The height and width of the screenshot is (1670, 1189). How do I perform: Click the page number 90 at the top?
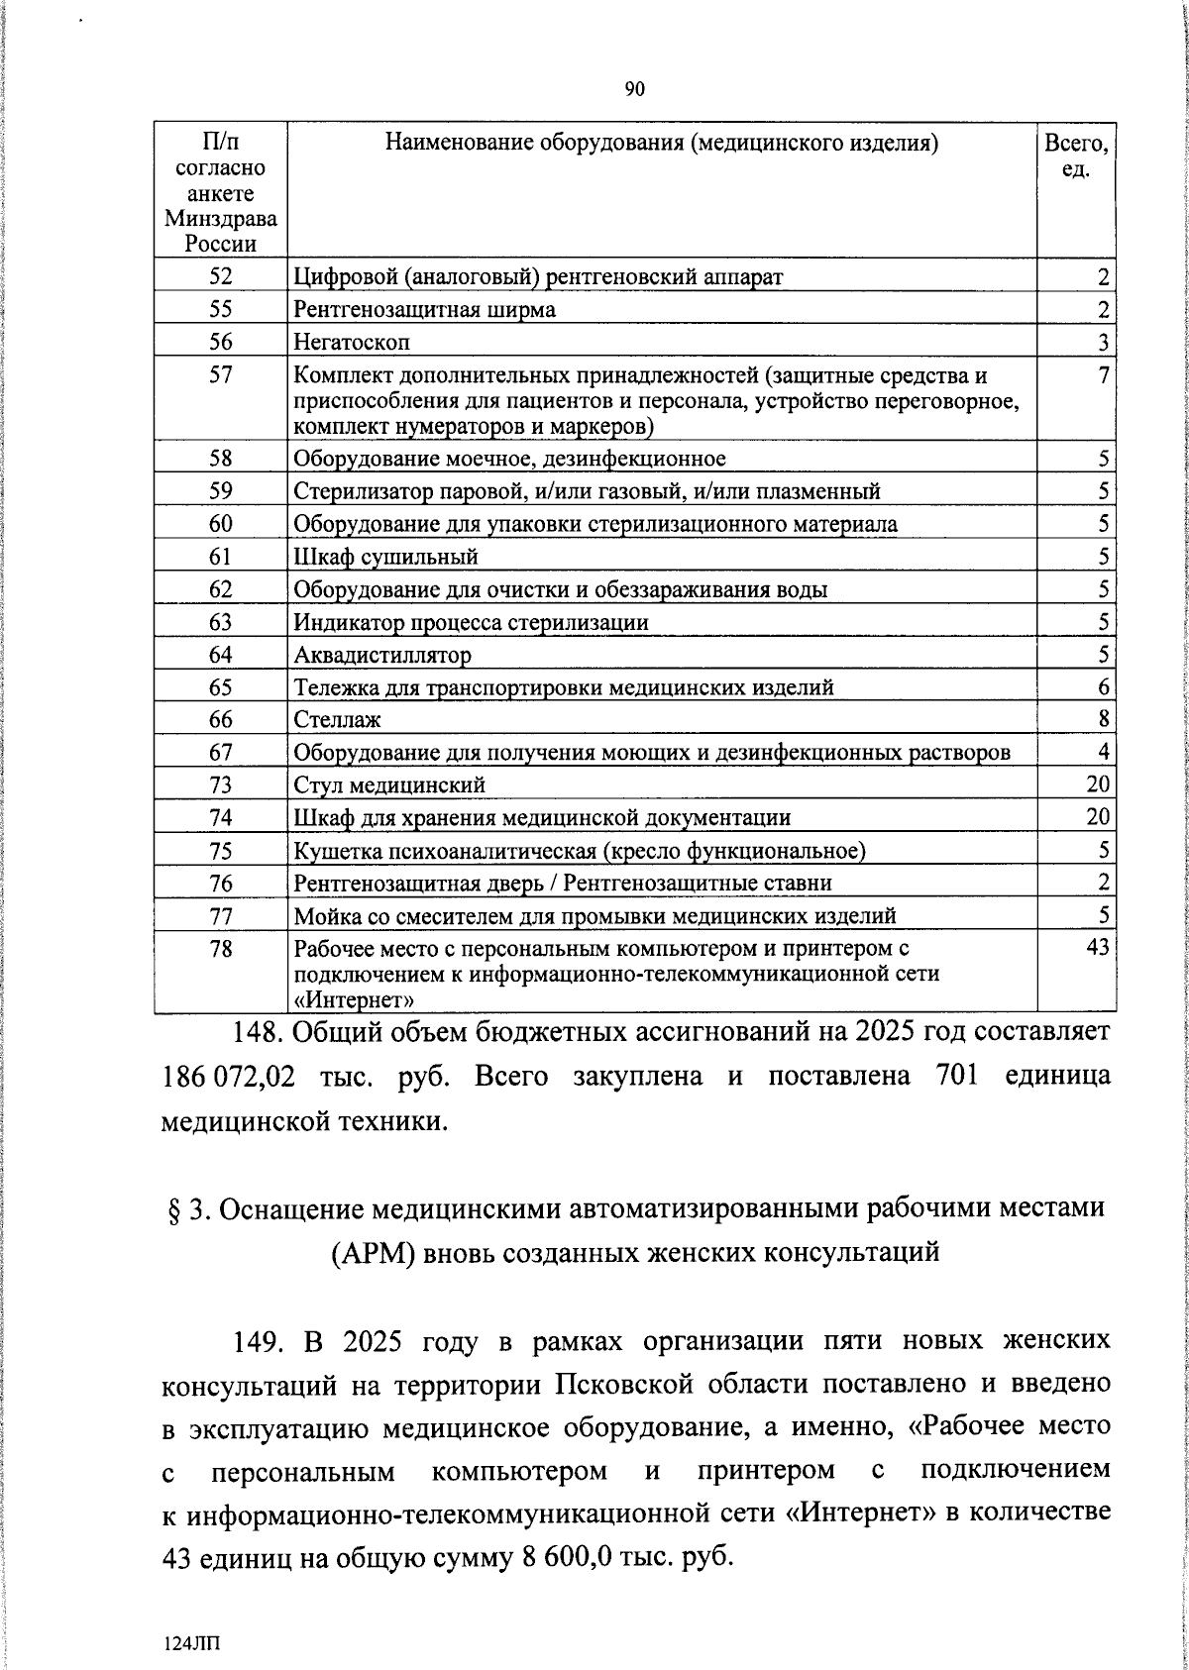click(x=635, y=90)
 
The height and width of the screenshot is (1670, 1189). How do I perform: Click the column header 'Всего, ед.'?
click(x=1075, y=156)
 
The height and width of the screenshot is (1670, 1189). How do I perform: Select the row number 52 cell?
click(x=220, y=276)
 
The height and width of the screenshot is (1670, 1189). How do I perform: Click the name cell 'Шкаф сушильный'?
click(x=386, y=557)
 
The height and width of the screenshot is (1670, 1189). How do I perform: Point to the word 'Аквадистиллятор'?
click(x=382, y=655)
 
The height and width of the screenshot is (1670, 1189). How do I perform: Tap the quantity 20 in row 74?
click(x=1097, y=817)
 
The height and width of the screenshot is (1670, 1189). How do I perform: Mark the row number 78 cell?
click(x=220, y=949)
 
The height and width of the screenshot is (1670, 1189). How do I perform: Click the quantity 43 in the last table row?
click(x=1097, y=948)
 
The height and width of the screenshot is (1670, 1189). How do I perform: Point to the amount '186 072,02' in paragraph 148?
click(x=228, y=1076)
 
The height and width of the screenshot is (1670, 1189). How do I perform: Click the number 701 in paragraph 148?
click(x=957, y=1076)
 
